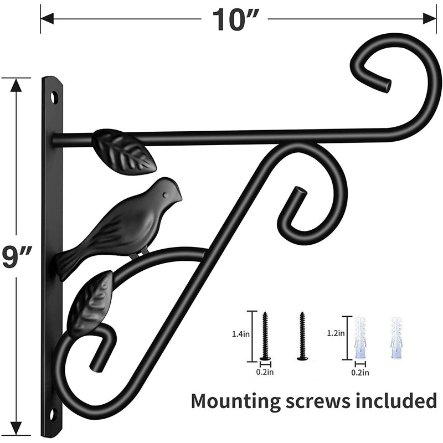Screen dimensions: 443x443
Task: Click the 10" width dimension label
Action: (x=235, y=20)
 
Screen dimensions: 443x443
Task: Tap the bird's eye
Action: (x=164, y=195)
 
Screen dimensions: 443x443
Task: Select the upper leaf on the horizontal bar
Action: (x=123, y=151)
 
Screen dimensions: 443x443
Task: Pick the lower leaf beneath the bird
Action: (x=90, y=303)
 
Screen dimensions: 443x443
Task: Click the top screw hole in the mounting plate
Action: (x=54, y=98)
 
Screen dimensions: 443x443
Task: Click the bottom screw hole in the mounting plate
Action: (x=53, y=415)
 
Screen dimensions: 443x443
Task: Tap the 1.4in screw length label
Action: (x=241, y=334)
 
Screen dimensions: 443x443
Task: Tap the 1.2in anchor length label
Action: (x=336, y=333)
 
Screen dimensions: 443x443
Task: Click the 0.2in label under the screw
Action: (x=265, y=372)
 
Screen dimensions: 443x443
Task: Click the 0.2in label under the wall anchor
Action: (x=360, y=373)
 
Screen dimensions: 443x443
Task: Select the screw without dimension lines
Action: (x=302, y=336)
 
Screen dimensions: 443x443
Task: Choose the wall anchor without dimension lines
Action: (x=396, y=338)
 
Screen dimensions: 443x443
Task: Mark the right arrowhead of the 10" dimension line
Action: (x=430, y=19)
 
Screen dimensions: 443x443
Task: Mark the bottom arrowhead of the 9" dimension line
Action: (x=17, y=428)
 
